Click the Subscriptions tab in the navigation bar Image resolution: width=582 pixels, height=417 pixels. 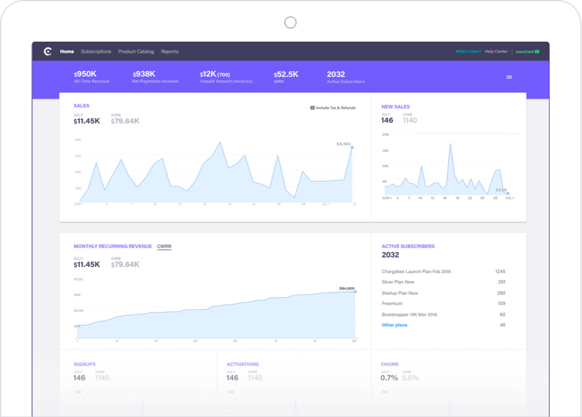[96, 51]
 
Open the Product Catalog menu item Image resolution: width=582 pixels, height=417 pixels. [136, 51]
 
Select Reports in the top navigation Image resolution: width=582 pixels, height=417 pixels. [170, 51]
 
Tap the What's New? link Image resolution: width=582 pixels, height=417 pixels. [468, 51]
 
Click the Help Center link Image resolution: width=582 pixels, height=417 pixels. [496, 51]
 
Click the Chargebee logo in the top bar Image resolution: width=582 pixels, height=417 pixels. [48, 51]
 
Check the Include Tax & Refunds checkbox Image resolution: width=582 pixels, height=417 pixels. [312, 107]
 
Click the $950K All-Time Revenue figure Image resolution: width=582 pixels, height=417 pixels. [85, 74]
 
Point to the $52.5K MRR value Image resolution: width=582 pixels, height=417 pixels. [286, 74]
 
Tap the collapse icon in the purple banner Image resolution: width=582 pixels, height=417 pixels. [509, 77]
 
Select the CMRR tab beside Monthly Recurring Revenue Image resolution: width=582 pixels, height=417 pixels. [164, 247]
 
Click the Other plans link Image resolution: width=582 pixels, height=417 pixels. [394, 325]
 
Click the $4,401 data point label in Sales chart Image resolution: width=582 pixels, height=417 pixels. [344, 144]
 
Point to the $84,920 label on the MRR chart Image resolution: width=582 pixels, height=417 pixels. [346, 288]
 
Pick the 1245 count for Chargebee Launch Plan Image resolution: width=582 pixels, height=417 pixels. [500, 271]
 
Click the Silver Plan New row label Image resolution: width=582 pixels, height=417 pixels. [398, 282]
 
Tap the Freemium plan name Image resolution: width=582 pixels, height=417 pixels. [392, 304]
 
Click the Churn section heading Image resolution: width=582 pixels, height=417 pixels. [389, 364]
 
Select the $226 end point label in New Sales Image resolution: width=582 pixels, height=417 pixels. [501, 190]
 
